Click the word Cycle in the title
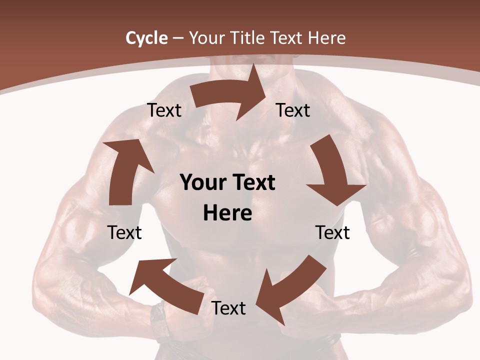click(x=146, y=38)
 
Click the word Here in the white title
click(x=326, y=38)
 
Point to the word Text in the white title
click(x=286, y=38)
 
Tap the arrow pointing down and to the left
click(x=290, y=290)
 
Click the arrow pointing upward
click(x=125, y=170)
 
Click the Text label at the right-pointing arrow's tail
click(x=164, y=110)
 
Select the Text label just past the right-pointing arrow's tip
click(x=293, y=110)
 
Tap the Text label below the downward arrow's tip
click(x=332, y=232)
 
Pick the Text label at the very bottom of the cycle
click(x=228, y=308)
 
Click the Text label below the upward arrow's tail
click(x=124, y=232)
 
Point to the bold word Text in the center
click(x=252, y=182)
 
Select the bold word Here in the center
click(x=227, y=213)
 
